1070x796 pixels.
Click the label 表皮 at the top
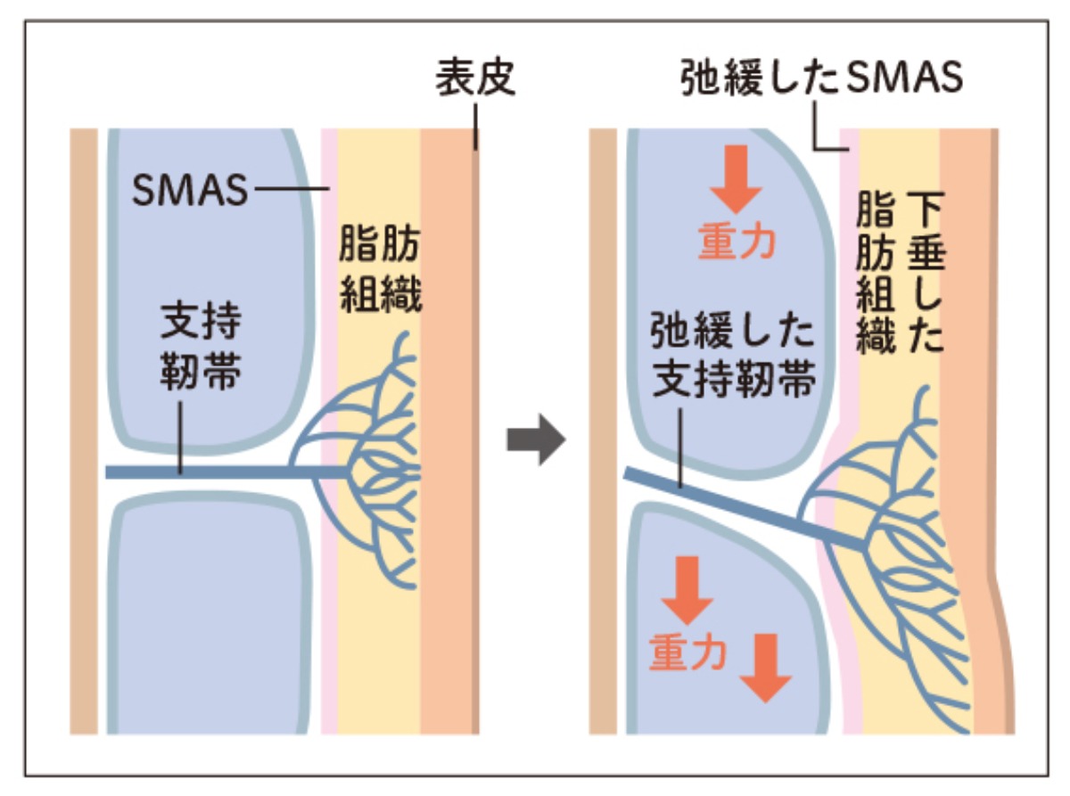click(x=474, y=81)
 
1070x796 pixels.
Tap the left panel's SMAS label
click(x=189, y=190)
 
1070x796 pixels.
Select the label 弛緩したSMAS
click(x=821, y=78)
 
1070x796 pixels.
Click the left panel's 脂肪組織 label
click(x=380, y=275)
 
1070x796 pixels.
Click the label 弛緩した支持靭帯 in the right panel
click(x=732, y=361)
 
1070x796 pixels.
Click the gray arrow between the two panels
click(x=536, y=439)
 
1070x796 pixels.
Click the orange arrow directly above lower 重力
click(x=687, y=588)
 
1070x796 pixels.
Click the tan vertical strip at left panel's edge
click(x=84, y=428)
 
